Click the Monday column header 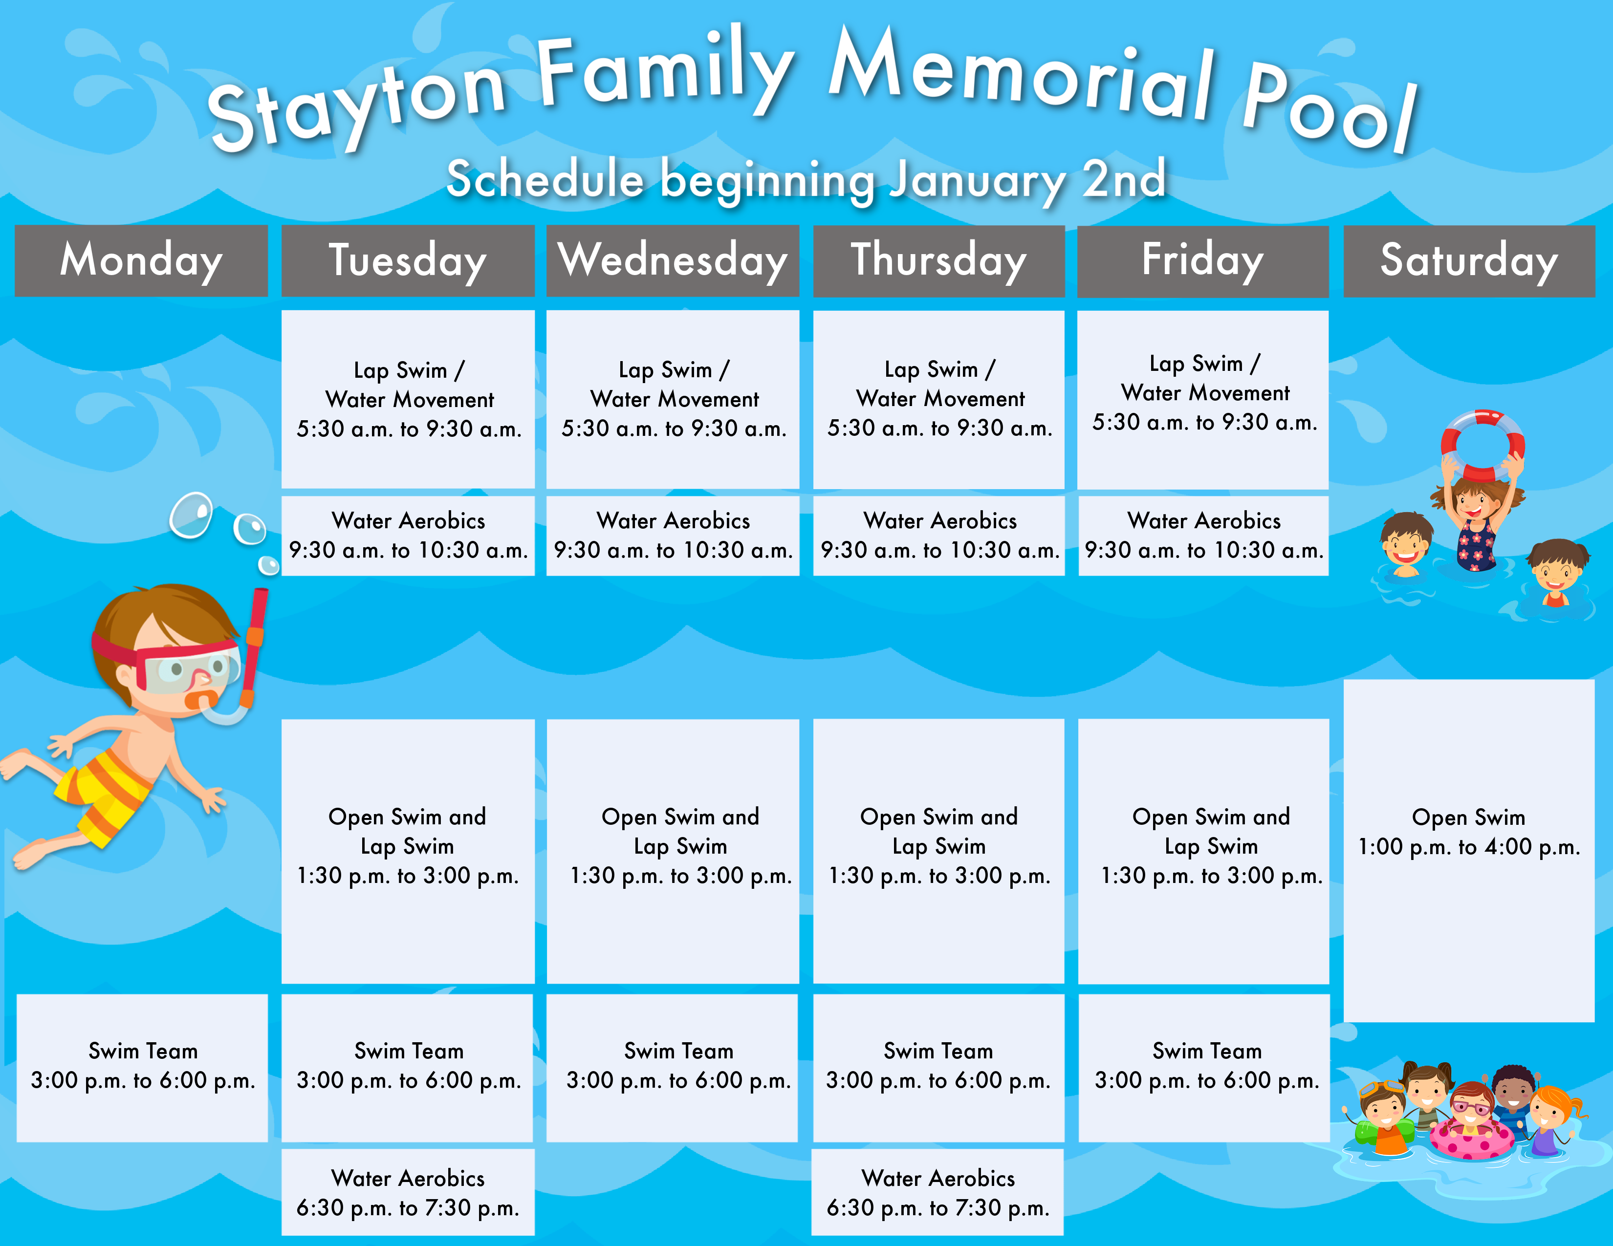(141, 260)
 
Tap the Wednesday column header (673, 260)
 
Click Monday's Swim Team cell (142, 1067)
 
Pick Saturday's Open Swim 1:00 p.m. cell (1469, 850)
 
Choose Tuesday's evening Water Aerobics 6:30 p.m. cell (408, 1192)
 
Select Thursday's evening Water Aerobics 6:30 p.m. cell (938, 1192)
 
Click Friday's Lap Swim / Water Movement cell (1203, 399)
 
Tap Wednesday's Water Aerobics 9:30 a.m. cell (673, 536)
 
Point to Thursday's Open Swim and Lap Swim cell (938, 851)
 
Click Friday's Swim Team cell (1204, 1067)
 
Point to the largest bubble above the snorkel (191, 515)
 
